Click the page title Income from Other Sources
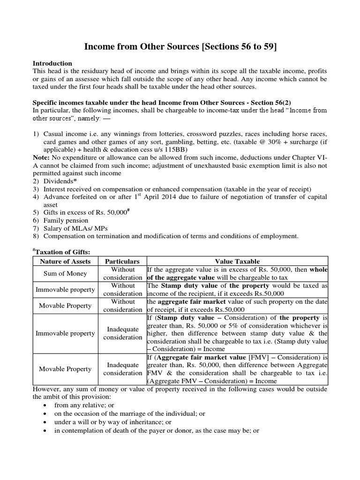click(180, 46)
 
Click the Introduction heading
click(52, 63)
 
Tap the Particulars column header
click(122, 261)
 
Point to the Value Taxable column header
click(237, 261)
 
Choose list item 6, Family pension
click(65, 220)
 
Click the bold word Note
click(40, 158)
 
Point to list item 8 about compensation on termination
click(171, 235)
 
